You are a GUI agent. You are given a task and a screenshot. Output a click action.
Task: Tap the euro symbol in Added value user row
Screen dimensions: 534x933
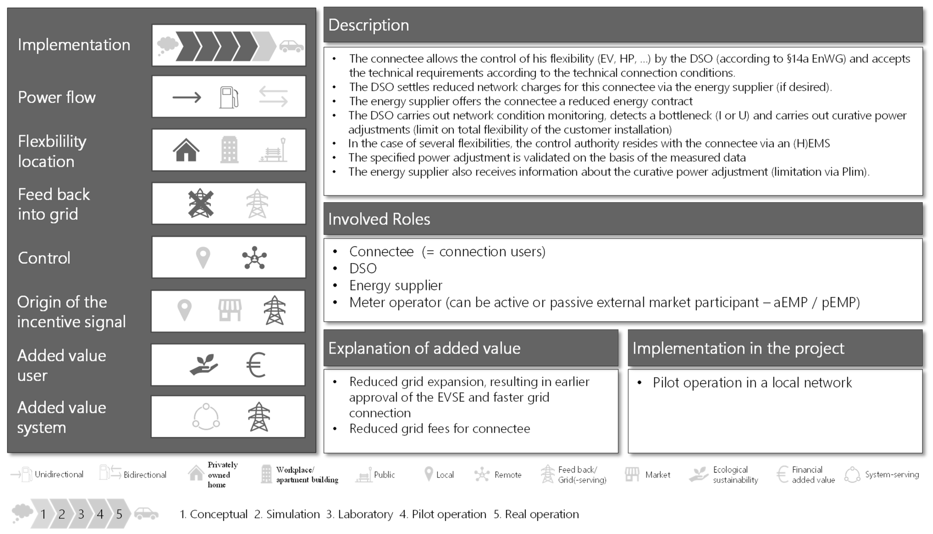256,365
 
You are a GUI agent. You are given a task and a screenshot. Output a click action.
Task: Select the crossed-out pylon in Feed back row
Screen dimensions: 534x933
201,203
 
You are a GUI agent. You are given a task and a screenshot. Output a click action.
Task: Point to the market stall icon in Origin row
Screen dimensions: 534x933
230,310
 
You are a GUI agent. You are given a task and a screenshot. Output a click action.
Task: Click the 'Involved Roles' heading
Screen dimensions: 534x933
379,219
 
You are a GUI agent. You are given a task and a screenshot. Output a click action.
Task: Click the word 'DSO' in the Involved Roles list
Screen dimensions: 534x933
363,268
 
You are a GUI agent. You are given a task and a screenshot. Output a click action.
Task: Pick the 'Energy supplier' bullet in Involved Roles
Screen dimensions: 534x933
395,285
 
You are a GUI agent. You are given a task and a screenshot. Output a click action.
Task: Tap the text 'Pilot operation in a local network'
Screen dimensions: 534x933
752,383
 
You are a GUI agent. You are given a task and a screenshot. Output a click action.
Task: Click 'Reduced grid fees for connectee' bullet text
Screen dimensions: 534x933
439,428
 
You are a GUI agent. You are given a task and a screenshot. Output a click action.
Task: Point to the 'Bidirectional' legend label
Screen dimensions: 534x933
145,475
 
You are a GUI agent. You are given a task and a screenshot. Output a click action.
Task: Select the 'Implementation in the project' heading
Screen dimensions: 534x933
738,348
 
